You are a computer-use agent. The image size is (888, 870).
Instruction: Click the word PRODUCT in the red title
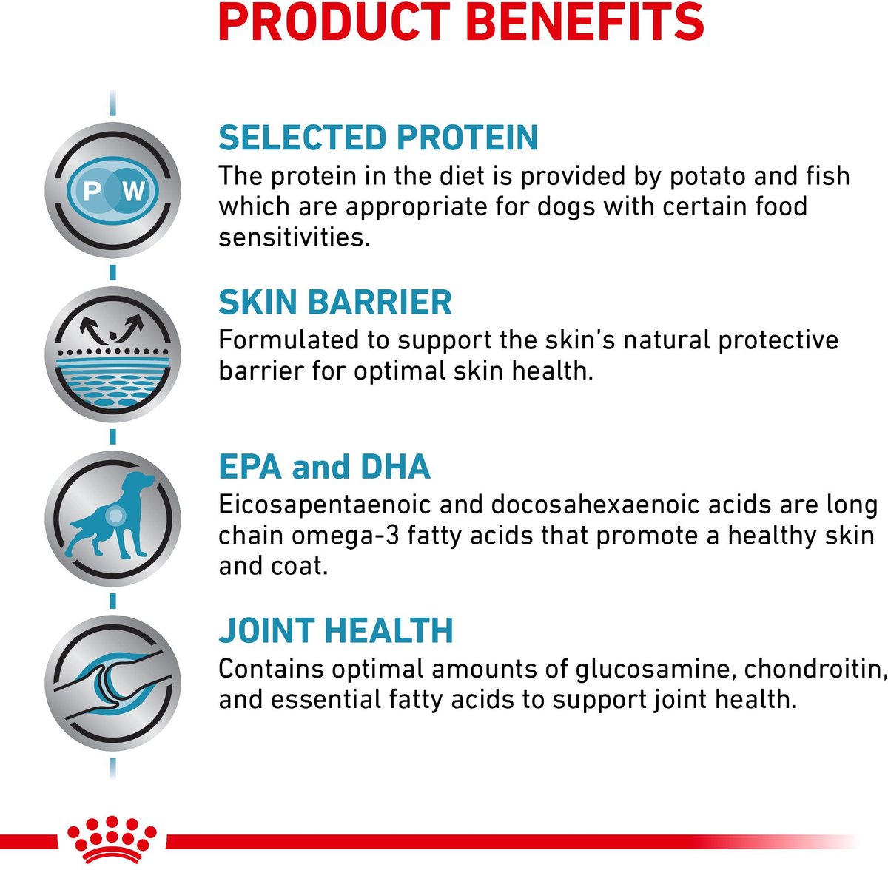[334, 22]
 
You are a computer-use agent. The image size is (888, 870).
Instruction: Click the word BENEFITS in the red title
[585, 22]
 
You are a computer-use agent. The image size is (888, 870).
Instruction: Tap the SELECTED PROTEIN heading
[378, 138]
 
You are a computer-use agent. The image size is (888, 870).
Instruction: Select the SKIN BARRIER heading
[335, 302]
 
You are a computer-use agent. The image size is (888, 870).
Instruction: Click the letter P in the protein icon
[92, 191]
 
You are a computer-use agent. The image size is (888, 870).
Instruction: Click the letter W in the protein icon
[133, 191]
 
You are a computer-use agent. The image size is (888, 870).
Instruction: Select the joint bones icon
[112, 684]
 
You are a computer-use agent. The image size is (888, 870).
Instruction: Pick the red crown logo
[112, 840]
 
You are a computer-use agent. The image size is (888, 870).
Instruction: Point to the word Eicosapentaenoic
[324, 505]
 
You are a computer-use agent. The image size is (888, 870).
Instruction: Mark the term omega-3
[346, 536]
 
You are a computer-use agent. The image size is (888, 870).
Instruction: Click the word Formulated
[289, 340]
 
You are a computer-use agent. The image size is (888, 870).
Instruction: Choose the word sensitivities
[294, 237]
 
